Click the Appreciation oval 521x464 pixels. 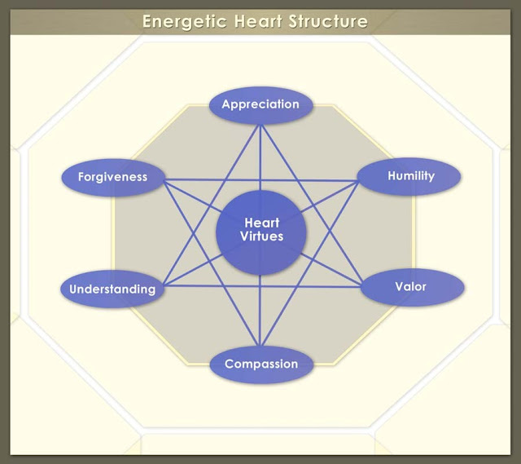[260, 105]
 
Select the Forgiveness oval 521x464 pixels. [112, 177]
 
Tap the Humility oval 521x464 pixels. [410, 176]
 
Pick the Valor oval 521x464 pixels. [411, 288]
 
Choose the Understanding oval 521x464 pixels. [112, 289]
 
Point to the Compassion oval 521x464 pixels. [260, 365]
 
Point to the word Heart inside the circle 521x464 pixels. [262, 223]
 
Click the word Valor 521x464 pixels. [410, 287]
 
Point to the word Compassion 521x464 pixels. [260, 365]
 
